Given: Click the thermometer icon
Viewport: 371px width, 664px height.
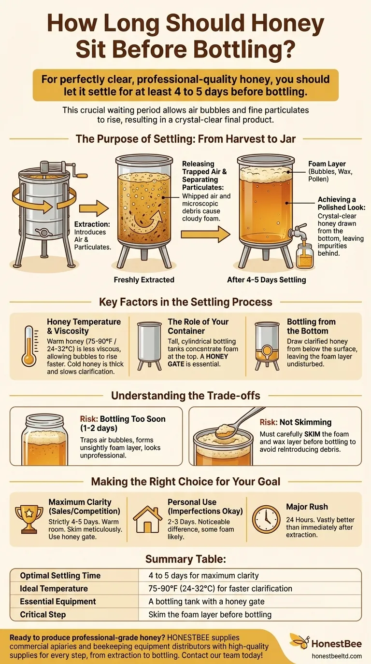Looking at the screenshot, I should tap(29, 346).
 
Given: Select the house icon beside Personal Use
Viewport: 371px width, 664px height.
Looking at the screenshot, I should tap(147, 520).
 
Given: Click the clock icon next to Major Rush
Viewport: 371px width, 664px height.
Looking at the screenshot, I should tap(266, 519).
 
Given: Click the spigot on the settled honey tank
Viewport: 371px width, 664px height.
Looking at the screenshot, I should tap(300, 231).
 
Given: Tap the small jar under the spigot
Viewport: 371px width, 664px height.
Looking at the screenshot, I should tap(305, 256).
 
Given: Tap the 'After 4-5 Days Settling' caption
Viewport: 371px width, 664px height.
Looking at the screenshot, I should tap(266, 280).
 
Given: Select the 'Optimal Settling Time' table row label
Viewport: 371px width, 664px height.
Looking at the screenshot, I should tap(60, 575).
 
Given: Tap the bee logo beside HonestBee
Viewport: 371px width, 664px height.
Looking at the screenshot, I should tap(298, 642).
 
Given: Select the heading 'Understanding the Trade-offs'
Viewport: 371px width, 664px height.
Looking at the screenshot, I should tap(185, 396).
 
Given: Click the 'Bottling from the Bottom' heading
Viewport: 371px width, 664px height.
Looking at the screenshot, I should tap(311, 326).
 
